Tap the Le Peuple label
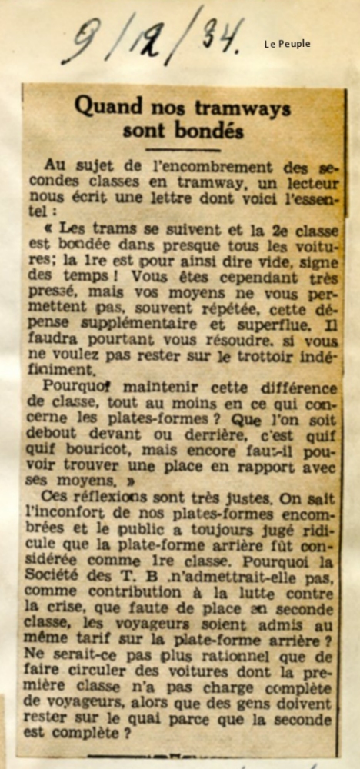click(x=287, y=44)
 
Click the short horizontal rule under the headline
click(x=183, y=149)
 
